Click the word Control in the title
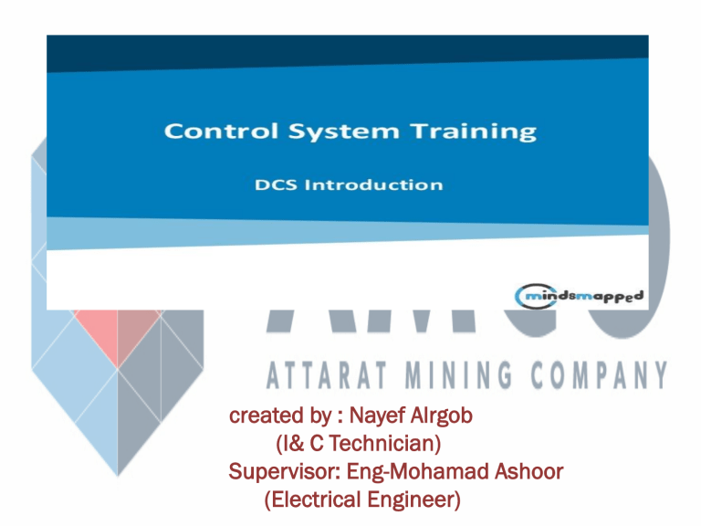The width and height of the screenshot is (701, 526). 208,131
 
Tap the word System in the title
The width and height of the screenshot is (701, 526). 329,131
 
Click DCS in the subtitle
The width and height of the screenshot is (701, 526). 274,184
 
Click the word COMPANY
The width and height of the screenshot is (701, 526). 597,374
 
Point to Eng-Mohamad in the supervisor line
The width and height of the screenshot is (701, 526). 411,472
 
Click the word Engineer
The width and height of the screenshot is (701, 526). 412,500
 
